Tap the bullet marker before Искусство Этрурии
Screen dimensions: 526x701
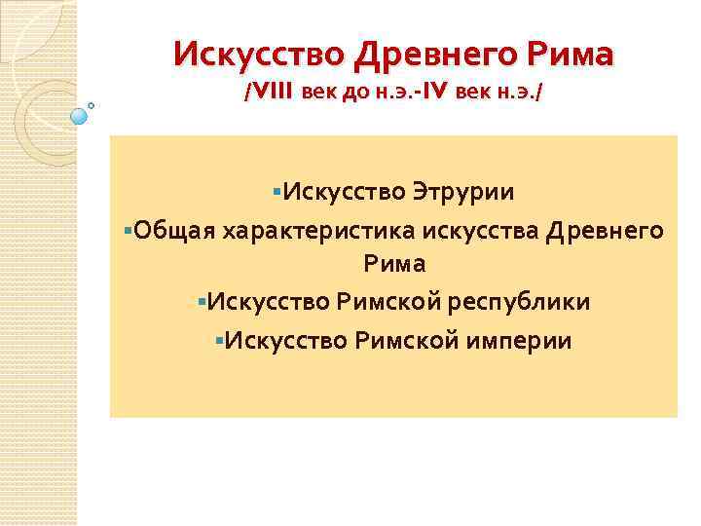coord(277,192)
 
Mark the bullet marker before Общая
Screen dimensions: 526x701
coord(129,230)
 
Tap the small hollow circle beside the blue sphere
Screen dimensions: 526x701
coord(92,104)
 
